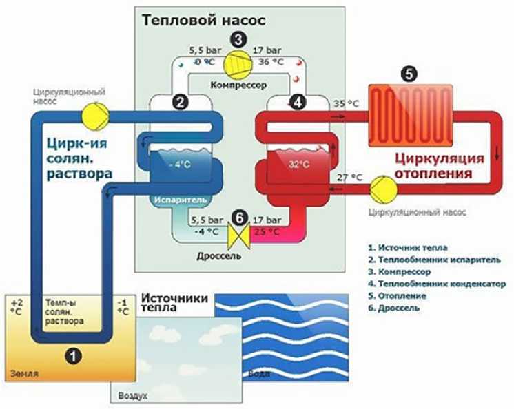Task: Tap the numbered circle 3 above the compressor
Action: tap(238, 39)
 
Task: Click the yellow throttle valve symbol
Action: tap(238, 237)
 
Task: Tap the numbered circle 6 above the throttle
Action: tap(238, 216)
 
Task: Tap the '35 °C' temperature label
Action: tap(347, 105)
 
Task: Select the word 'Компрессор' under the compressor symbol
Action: tap(238, 85)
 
